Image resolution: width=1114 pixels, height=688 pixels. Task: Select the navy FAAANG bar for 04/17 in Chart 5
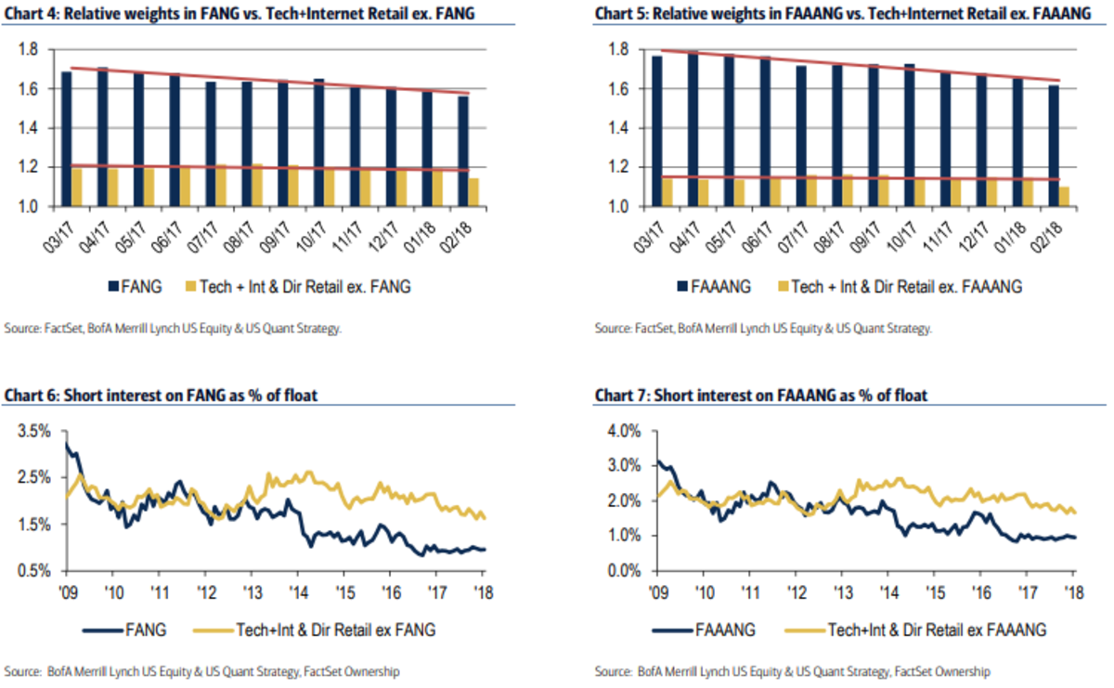(x=692, y=130)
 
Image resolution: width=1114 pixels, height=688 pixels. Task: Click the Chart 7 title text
(x=761, y=397)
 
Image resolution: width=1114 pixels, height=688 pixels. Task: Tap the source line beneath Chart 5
(x=763, y=328)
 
